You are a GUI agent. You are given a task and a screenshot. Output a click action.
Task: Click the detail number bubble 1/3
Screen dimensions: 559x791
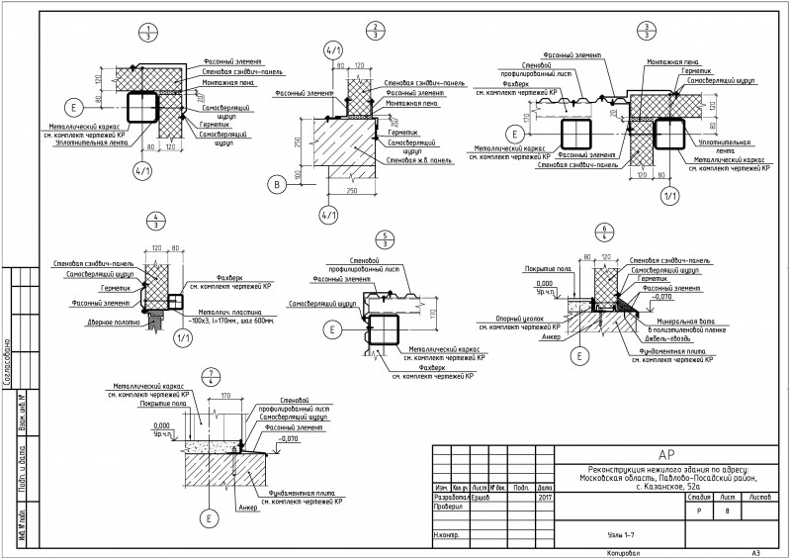[x=147, y=29]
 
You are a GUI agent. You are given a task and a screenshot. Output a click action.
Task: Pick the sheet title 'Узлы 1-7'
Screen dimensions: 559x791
[x=621, y=532]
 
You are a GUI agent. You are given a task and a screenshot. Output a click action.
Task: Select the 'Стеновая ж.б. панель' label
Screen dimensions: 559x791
[x=409, y=159]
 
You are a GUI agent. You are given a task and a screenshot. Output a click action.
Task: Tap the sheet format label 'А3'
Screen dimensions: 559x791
[x=755, y=551]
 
